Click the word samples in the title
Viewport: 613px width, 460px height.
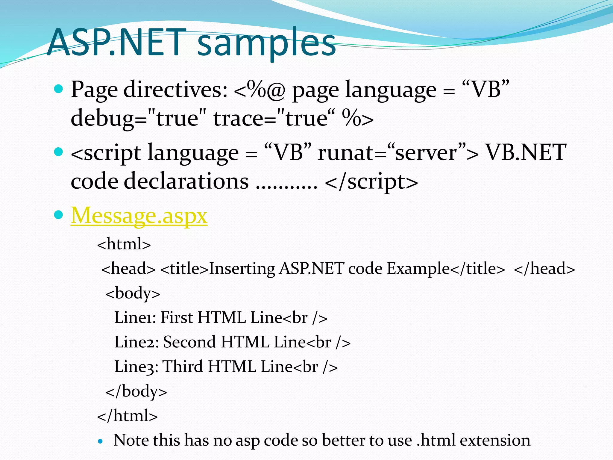point(266,43)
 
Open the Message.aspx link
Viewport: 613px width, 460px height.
point(139,216)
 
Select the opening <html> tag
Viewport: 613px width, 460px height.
point(124,244)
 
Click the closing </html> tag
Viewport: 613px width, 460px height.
point(128,416)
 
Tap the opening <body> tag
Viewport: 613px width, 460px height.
point(133,293)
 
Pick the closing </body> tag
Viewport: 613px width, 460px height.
point(136,391)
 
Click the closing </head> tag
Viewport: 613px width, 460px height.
point(544,268)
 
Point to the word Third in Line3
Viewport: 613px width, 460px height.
point(183,367)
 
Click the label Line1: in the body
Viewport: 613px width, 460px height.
point(135,317)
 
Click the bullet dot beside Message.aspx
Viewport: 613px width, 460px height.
point(59,215)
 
